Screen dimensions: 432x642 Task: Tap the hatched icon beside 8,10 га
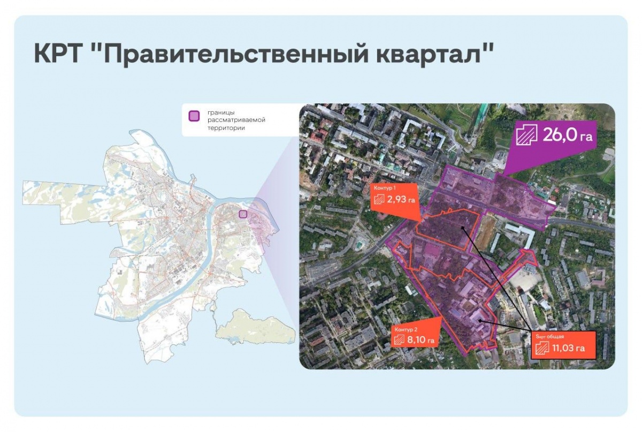(x=400, y=340)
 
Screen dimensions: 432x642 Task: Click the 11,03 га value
(x=568, y=348)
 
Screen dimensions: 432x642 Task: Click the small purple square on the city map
(x=242, y=214)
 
